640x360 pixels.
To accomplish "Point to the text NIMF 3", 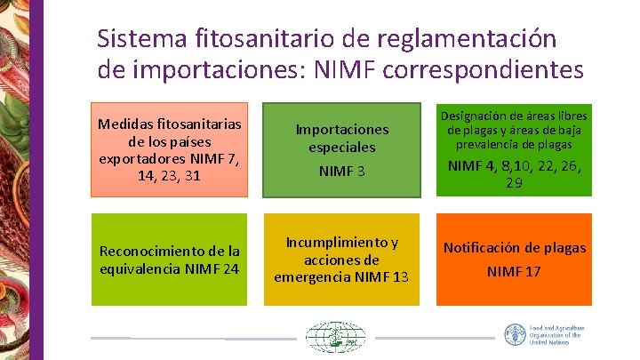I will point(342,170).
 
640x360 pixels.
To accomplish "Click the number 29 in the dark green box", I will point(514,183).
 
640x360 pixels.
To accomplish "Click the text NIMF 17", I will point(514,271).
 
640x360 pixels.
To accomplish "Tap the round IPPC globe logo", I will point(335,338).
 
